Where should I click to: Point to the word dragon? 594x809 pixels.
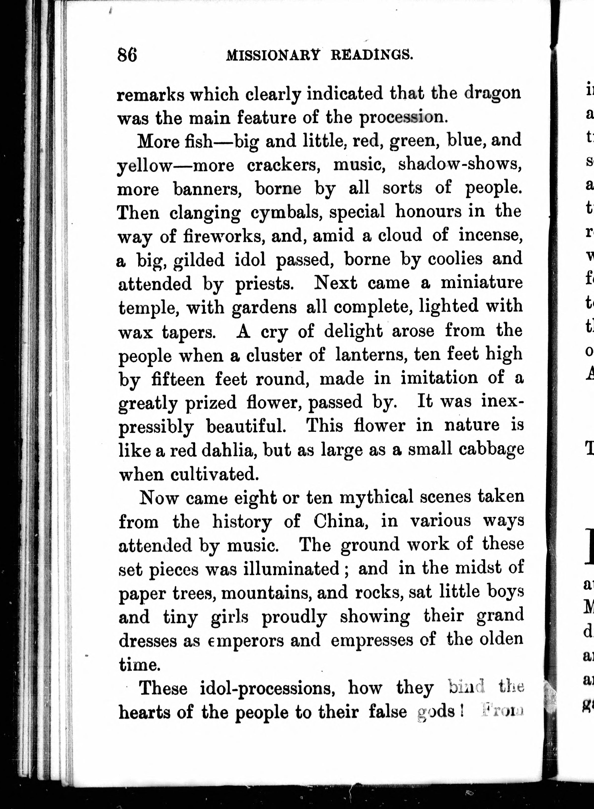pos(492,93)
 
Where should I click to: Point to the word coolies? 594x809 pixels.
pos(455,259)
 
